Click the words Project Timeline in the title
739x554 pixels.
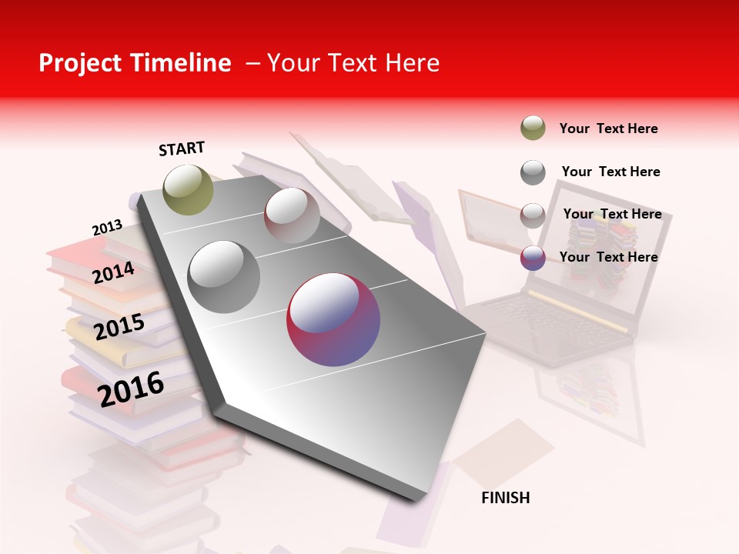pos(135,63)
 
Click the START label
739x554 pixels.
pos(182,149)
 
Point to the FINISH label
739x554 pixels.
pos(506,498)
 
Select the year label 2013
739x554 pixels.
pos(107,228)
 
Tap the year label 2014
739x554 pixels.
pos(114,273)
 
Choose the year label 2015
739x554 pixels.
pos(119,328)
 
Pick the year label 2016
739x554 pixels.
pos(131,389)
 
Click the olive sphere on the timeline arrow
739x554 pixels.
pos(188,189)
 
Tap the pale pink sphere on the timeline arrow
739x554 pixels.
pos(292,215)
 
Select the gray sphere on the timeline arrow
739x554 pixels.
pos(224,277)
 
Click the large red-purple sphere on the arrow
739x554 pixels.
pos(333,319)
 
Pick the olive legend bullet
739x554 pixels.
pos(533,128)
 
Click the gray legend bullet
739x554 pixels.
pos(533,172)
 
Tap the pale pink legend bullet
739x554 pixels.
pos(533,215)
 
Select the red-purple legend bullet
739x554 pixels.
pos(533,258)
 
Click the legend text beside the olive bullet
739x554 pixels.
pos(608,128)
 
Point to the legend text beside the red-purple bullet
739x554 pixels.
pos(608,257)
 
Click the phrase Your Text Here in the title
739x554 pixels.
pos(353,63)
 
